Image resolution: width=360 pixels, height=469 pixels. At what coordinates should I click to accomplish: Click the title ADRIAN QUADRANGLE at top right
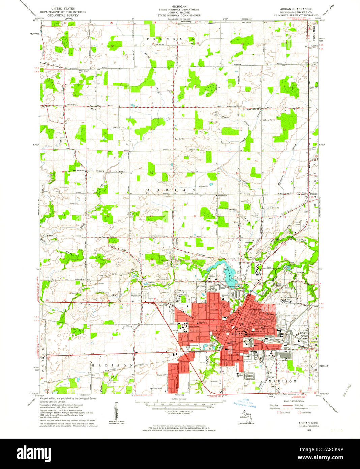pyautogui.click(x=296, y=8)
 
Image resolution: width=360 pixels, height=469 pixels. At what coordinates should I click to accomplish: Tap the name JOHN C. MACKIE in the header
pyautogui.click(x=180, y=12)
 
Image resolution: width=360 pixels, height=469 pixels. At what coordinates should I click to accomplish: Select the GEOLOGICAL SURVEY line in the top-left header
pyautogui.click(x=63, y=15)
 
